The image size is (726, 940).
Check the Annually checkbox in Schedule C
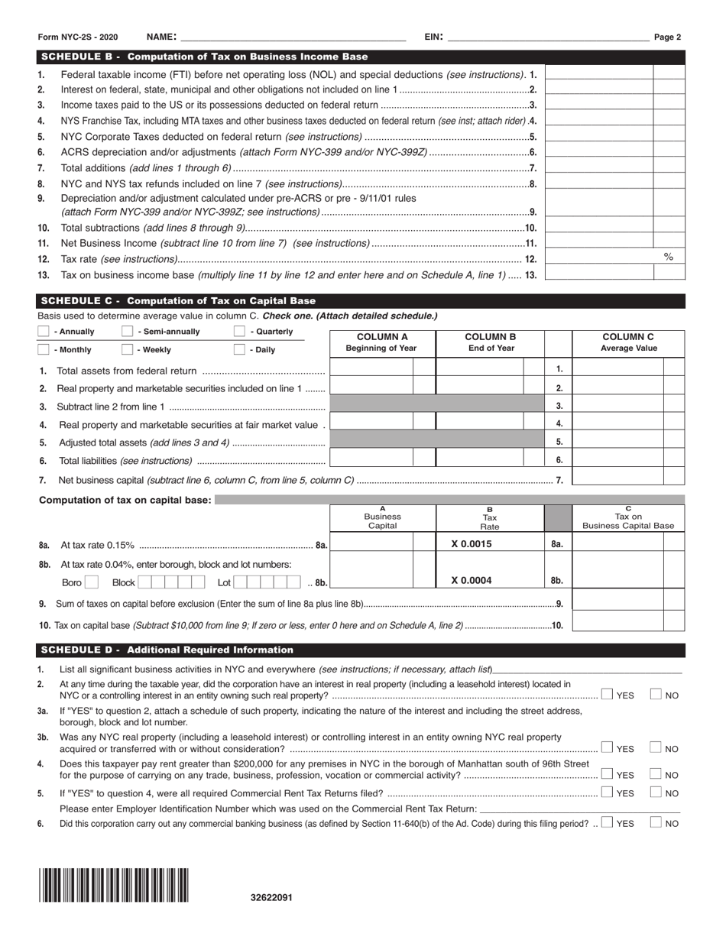pos(44,332)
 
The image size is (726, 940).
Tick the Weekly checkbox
pos(128,349)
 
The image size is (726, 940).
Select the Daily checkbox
pos(239,349)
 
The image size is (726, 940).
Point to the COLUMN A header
pos(382,342)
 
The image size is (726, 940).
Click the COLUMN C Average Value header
pos(628,342)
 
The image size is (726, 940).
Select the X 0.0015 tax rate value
pos(472,544)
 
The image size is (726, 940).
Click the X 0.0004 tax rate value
pos(472,580)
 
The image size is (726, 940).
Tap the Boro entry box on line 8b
pos(92,582)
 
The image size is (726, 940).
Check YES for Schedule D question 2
pos(606,695)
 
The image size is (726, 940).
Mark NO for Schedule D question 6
pos(656,823)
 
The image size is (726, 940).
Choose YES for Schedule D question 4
pos(606,774)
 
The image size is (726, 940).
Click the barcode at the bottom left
pos(114,886)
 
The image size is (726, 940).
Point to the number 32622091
pos(271,898)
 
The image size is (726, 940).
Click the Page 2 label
pos(668,37)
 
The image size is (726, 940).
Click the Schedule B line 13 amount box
pos(599,274)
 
